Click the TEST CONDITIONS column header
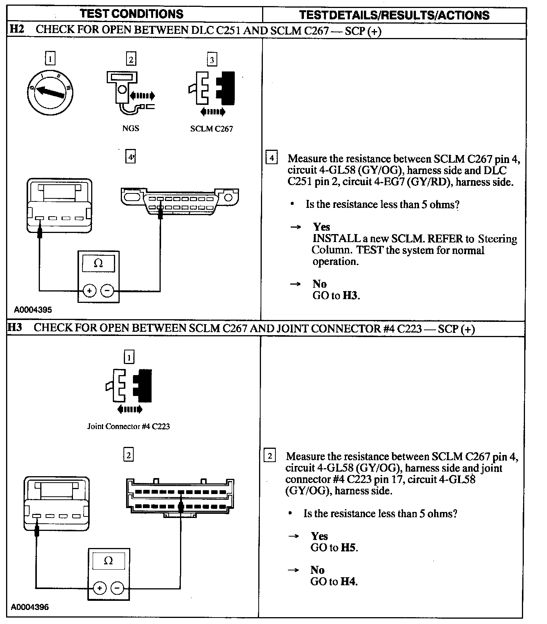click(131, 14)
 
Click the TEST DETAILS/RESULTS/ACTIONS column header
click(394, 15)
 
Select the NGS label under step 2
click(130, 128)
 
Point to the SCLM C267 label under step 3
click(212, 128)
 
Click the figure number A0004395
click(33, 309)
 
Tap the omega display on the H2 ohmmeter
click(98, 263)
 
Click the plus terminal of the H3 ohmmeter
click(100, 588)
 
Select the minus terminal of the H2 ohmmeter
click(108, 291)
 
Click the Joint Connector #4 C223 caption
click(128, 426)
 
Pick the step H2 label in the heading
click(16, 29)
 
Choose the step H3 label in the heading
click(15, 327)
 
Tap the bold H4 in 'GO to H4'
click(348, 581)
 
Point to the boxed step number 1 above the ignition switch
click(50, 59)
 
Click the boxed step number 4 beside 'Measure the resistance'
click(271, 157)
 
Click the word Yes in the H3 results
click(319, 536)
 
